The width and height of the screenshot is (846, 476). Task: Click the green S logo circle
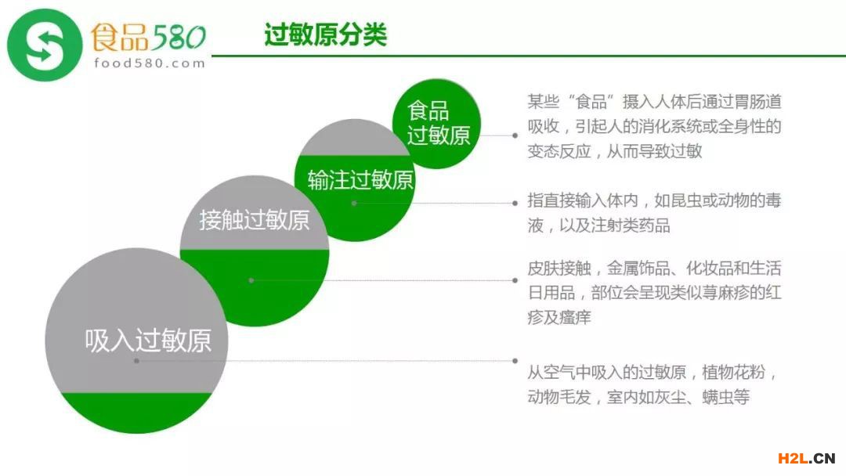pos(44,45)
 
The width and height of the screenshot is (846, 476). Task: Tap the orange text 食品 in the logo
pos(119,38)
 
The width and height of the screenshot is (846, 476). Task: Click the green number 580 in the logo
pos(178,38)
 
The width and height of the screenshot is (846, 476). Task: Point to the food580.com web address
pos(150,63)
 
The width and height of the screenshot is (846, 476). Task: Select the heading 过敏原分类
pos(325,34)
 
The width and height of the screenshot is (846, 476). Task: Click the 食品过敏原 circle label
pos(438,123)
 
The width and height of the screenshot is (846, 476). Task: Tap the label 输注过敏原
pos(360,180)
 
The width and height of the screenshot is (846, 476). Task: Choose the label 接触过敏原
pos(254,220)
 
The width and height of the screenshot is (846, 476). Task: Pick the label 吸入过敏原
pos(148,341)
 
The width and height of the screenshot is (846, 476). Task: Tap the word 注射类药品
pos(631,225)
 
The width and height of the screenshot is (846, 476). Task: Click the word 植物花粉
pos(734,372)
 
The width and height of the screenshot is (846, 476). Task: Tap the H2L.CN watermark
pos(807,458)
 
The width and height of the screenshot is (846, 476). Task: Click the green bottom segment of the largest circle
pos(136,412)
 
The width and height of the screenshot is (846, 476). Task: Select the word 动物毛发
pos(559,397)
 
